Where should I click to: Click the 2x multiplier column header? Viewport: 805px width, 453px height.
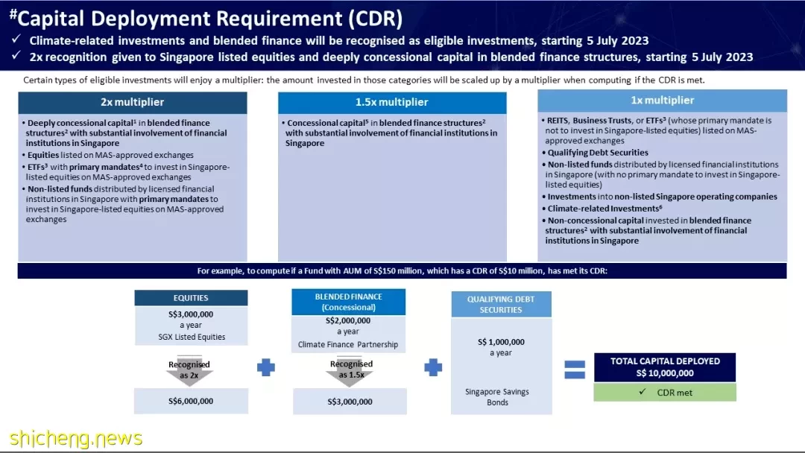pyautogui.click(x=133, y=103)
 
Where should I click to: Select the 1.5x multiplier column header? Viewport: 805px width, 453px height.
pyautogui.click(x=392, y=103)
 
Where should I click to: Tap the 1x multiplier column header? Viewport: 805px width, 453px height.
pyautogui.click(x=663, y=101)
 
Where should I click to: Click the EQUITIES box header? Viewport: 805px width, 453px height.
pyautogui.click(x=191, y=298)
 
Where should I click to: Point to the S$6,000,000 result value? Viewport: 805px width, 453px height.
pyautogui.click(x=191, y=401)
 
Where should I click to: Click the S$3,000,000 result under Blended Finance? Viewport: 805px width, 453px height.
pyautogui.click(x=350, y=402)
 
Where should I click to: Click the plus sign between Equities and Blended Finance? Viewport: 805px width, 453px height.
pyautogui.click(x=266, y=367)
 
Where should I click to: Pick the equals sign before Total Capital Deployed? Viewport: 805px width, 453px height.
pyautogui.click(x=575, y=370)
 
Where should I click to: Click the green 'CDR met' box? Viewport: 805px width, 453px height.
pyautogui.click(x=665, y=393)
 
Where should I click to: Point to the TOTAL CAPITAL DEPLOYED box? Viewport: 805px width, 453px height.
pyautogui.click(x=665, y=367)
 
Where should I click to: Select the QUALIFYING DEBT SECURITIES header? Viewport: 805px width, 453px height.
pyautogui.click(x=501, y=304)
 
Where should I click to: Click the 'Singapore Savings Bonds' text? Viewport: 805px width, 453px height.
pyautogui.click(x=497, y=397)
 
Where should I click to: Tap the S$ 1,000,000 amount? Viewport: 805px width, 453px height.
pyautogui.click(x=501, y=342)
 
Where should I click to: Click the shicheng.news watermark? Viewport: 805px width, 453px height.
pyautogui.click(x=76, y=439)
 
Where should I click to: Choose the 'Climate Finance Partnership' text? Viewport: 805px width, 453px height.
pyautogui.click(x=348, y=345)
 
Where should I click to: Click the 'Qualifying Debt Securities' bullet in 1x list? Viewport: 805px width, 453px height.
pyautogui.click(x=598, y=153)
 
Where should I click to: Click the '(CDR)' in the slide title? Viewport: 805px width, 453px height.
pyautogui.click(x=375, y=19)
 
